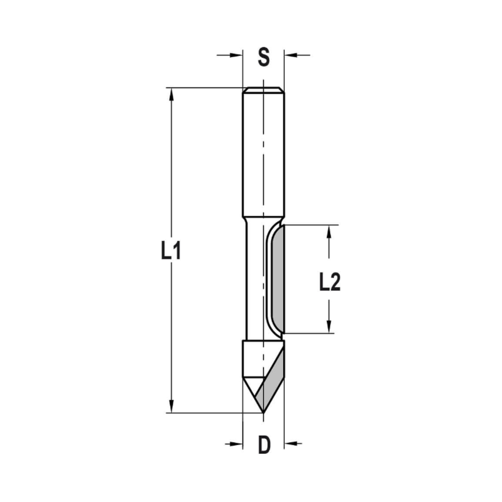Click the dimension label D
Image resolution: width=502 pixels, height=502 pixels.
coord(264,445)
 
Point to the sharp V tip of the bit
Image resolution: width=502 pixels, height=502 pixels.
coord(263,413)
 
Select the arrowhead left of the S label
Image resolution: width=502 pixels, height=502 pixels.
coord(236,54)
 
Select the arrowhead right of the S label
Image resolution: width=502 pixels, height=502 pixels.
coord(291,54)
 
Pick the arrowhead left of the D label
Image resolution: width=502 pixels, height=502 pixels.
coord(236,444)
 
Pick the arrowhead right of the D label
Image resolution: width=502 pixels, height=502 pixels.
coord(291,444)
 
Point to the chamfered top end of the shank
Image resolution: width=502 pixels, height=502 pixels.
coord(263,90)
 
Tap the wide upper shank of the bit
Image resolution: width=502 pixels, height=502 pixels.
coord(263,156)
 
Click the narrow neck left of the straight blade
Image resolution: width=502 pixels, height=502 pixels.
coord(254,281)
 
